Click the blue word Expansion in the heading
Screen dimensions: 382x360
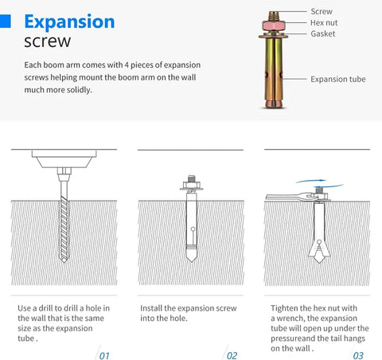[x=69, y=22]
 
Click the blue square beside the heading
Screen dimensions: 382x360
[x=6, y=21]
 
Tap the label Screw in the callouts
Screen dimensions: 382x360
[x=322, y=11]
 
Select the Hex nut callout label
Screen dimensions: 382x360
[x=324, y=23]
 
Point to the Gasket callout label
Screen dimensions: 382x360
[x=323, y=33]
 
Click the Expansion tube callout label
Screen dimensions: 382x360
[x=338, y=79]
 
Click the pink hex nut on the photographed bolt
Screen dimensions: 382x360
[x=274, y=25]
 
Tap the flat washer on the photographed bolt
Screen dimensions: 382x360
[x=274, y=35]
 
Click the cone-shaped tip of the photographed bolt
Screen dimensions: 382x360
[x=274, y=104]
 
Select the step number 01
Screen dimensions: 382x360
[x=104, y=356]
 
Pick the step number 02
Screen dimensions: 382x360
[x=232, y=356]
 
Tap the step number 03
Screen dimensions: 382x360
[x=358, y=356]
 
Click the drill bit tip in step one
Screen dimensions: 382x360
[x=64, y=260]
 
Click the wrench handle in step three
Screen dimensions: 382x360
[x=284, y=197]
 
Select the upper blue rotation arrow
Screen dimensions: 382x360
[x=311, y=181]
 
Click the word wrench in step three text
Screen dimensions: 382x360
[x=290, y=318]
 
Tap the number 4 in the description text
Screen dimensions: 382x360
[x=127, y=65]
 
